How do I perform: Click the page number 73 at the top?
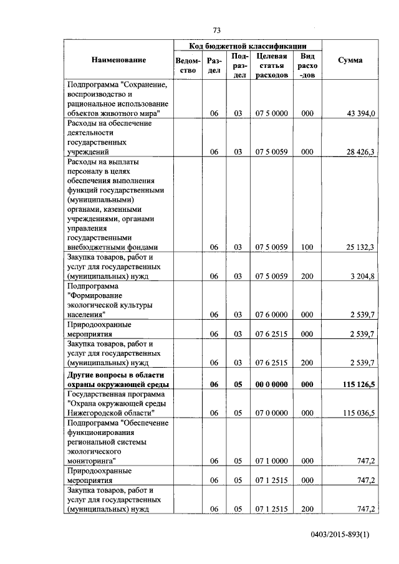tap(216, 30)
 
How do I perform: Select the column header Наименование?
tap(118, 60)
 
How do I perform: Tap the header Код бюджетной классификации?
tap(248, 46)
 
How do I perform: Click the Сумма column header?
tap(350, 60)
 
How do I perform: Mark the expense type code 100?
tap(307, 247)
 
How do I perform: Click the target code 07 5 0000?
tap(271, 113)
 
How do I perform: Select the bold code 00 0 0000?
tap(271, 385)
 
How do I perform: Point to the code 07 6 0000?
tap(271, 315)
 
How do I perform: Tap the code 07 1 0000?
tap(271, 461)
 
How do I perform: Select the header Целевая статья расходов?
tap(271, 65)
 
